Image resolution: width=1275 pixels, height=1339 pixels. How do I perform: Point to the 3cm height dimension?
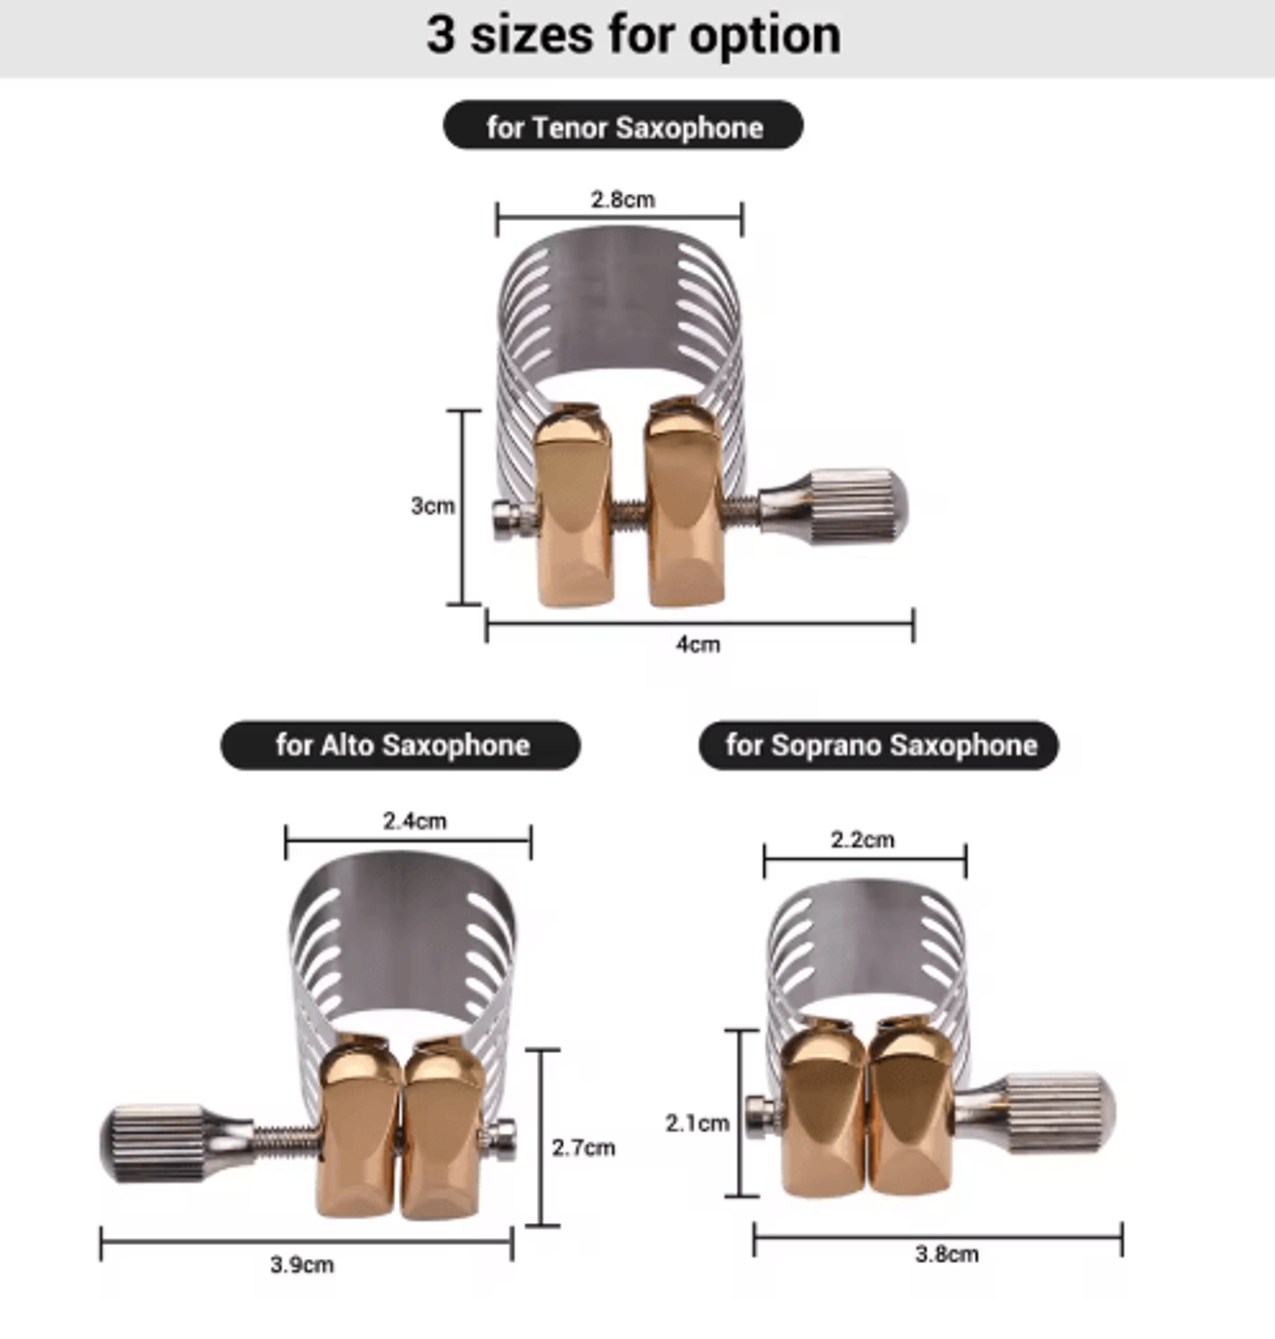[432, 506]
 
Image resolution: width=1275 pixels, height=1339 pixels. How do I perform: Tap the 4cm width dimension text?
[698, 644]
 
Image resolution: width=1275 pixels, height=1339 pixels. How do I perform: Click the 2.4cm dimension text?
[415, 821]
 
